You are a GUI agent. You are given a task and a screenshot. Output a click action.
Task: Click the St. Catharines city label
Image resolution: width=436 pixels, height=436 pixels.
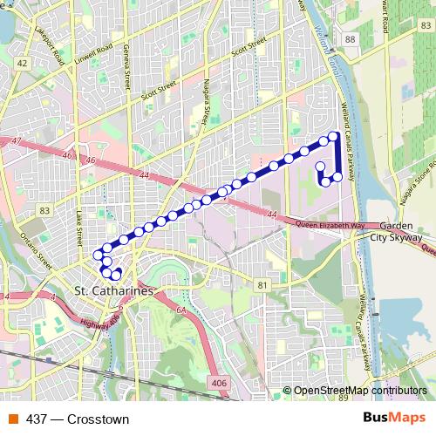click(x=113, y=290)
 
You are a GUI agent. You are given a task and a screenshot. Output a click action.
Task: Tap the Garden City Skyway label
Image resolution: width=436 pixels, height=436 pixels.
click(x=397, y=230)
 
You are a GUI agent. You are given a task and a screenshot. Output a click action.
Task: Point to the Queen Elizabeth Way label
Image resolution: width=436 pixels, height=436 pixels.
click(x=332, y=224)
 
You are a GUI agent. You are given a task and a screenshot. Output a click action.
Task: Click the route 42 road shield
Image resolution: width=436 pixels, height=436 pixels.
click(x=22, y=64)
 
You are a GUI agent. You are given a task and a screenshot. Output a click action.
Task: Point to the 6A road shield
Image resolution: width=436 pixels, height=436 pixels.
click(x=181, y=309)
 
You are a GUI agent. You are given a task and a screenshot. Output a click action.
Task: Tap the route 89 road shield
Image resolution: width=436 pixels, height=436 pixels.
click(x=341, y=398)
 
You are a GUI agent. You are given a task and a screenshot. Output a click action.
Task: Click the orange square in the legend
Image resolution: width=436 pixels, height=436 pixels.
click(x=13, y=419)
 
